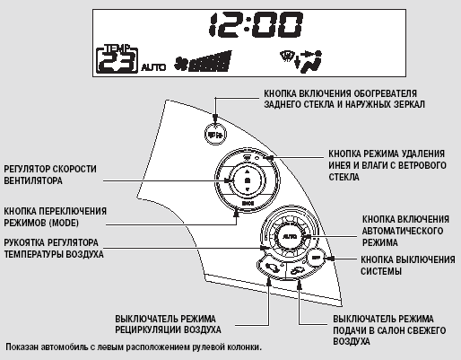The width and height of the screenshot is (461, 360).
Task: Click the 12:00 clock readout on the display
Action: (256, 24)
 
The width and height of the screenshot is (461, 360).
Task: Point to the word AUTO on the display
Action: (153, 67)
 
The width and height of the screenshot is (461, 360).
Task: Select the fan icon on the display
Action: (181, 64)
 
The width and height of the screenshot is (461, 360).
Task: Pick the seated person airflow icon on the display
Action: (310, 62)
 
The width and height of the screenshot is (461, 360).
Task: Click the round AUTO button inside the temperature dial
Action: (290, 236)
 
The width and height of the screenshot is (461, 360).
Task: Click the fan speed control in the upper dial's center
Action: (247, 180)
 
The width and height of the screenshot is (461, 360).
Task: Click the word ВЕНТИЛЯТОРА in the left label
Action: (33, 180)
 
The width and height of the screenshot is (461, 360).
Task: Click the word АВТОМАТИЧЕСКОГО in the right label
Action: (403, 231)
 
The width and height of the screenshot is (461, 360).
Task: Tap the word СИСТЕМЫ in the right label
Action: (381, 271)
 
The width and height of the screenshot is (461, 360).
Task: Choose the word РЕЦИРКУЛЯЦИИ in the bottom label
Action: (148, 329)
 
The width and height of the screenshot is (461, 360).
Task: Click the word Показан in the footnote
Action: (22, 347)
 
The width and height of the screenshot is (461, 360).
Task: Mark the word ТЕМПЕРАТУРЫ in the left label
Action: (33, 254)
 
